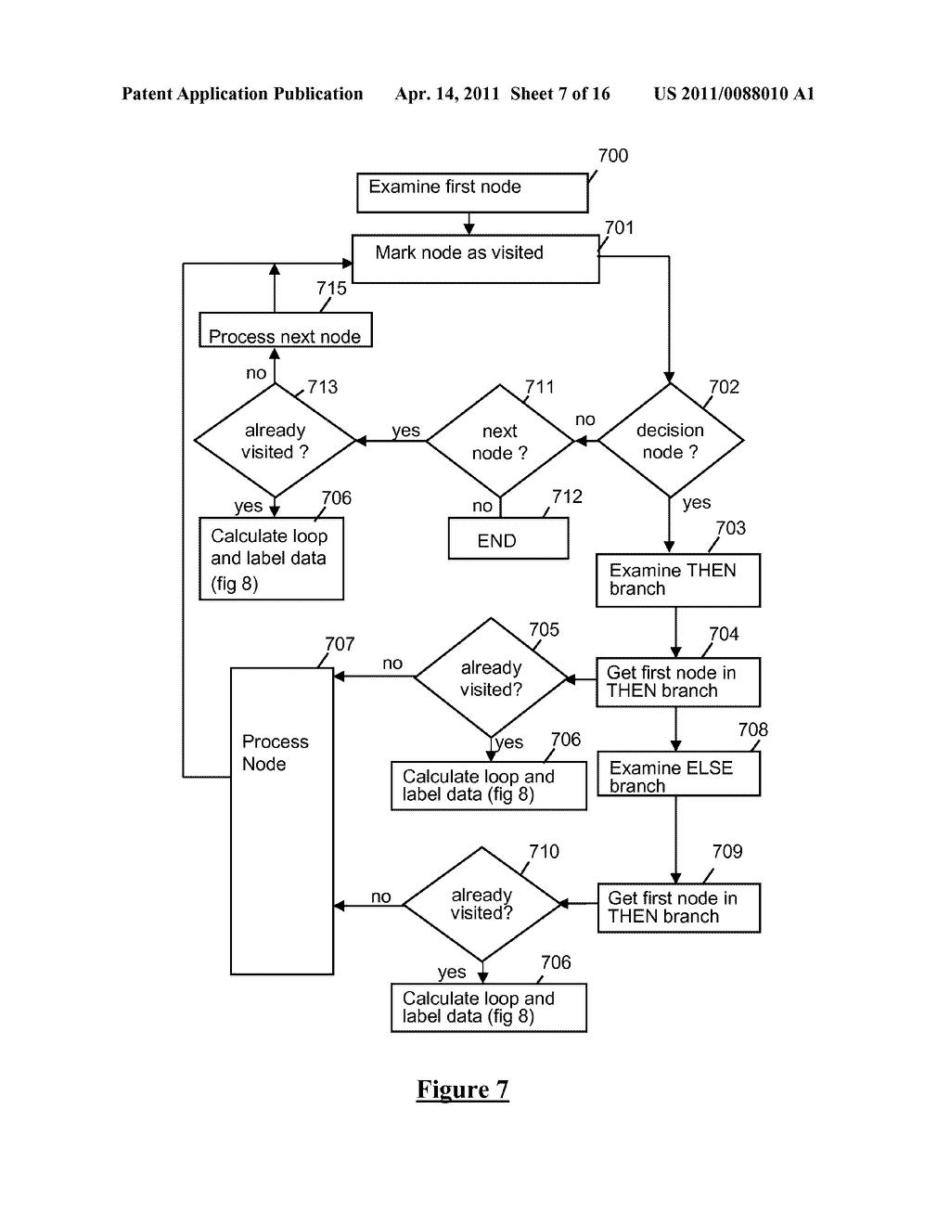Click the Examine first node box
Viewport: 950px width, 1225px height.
[472, 192]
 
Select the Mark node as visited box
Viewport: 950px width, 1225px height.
[475, 258]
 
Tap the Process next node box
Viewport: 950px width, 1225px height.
[286, 329]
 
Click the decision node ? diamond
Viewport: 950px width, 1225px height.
[670, 441]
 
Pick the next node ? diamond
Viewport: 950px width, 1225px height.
[500, 442]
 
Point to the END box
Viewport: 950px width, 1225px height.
[507, 539]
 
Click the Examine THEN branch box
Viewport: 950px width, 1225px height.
[677, 580]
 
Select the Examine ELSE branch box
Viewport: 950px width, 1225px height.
[677, 775]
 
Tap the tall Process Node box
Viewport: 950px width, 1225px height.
[281, 820]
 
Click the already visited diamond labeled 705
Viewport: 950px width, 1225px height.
[491, 678]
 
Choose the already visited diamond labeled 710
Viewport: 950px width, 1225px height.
[481, 904]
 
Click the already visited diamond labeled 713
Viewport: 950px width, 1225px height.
[275, 441]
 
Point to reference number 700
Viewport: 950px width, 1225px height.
[612, 156]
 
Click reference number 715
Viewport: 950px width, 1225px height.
[331, 289]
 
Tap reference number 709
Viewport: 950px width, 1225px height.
[726, 852]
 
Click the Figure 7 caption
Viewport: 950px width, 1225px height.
[462, 1090]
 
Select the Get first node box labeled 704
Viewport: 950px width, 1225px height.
[677, 682]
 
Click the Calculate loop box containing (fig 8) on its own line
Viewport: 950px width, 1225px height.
[271, 559]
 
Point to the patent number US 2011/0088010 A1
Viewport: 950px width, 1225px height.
[733, 94]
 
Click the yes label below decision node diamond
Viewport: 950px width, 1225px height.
[696, 503]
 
